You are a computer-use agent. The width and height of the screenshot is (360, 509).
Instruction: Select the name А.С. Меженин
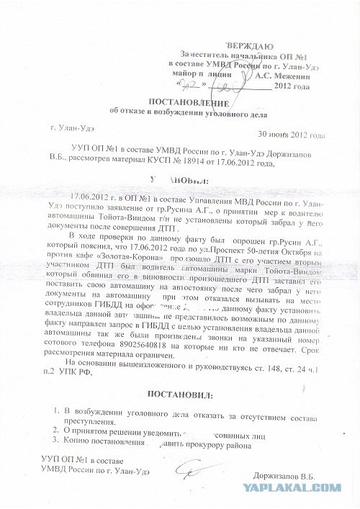tap(281, 73)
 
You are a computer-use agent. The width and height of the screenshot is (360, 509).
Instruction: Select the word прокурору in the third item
tap(211, 443)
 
